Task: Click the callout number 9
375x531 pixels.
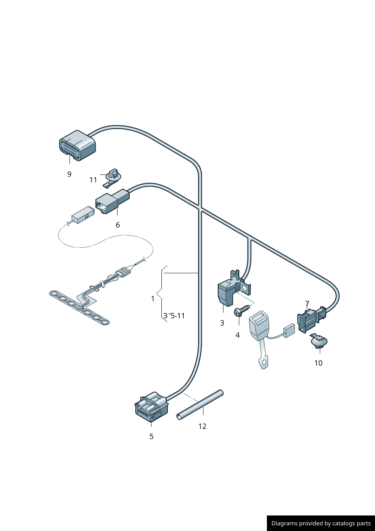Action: (69, 174)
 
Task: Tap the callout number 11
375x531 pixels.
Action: (93, 180)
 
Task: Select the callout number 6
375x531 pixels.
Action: (118, 225)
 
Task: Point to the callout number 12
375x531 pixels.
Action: (202, 426)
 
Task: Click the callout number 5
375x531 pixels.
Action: (151, 436)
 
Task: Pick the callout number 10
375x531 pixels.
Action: (318, 363)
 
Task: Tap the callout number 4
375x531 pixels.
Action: (237, 335)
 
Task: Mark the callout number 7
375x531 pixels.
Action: (307, 304)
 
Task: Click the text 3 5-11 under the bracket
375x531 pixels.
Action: (174, 316)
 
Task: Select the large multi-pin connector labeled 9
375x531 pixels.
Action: (77, 146)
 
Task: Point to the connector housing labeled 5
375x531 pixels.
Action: (151, 407)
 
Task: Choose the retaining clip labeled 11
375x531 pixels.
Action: (112, 177)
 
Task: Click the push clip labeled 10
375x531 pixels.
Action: (319, 341)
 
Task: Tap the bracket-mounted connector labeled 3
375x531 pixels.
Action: (229, 291)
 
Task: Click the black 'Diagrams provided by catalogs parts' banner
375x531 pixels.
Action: (321, 523)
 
